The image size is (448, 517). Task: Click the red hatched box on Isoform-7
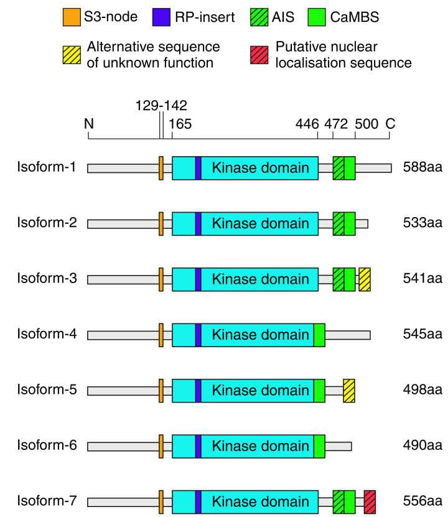370,501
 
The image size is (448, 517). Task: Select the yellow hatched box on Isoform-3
365,279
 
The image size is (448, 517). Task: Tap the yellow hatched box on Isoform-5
349,390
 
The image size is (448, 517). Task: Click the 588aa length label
421,168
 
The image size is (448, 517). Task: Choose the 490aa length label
421,446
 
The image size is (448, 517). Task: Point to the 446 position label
307,123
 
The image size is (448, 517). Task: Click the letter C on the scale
390,123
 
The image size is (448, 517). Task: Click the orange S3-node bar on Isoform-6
161,446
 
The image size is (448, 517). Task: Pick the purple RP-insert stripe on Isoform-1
198,168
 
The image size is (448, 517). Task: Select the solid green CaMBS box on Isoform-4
319,335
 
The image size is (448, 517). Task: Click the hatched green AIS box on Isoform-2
338,224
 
